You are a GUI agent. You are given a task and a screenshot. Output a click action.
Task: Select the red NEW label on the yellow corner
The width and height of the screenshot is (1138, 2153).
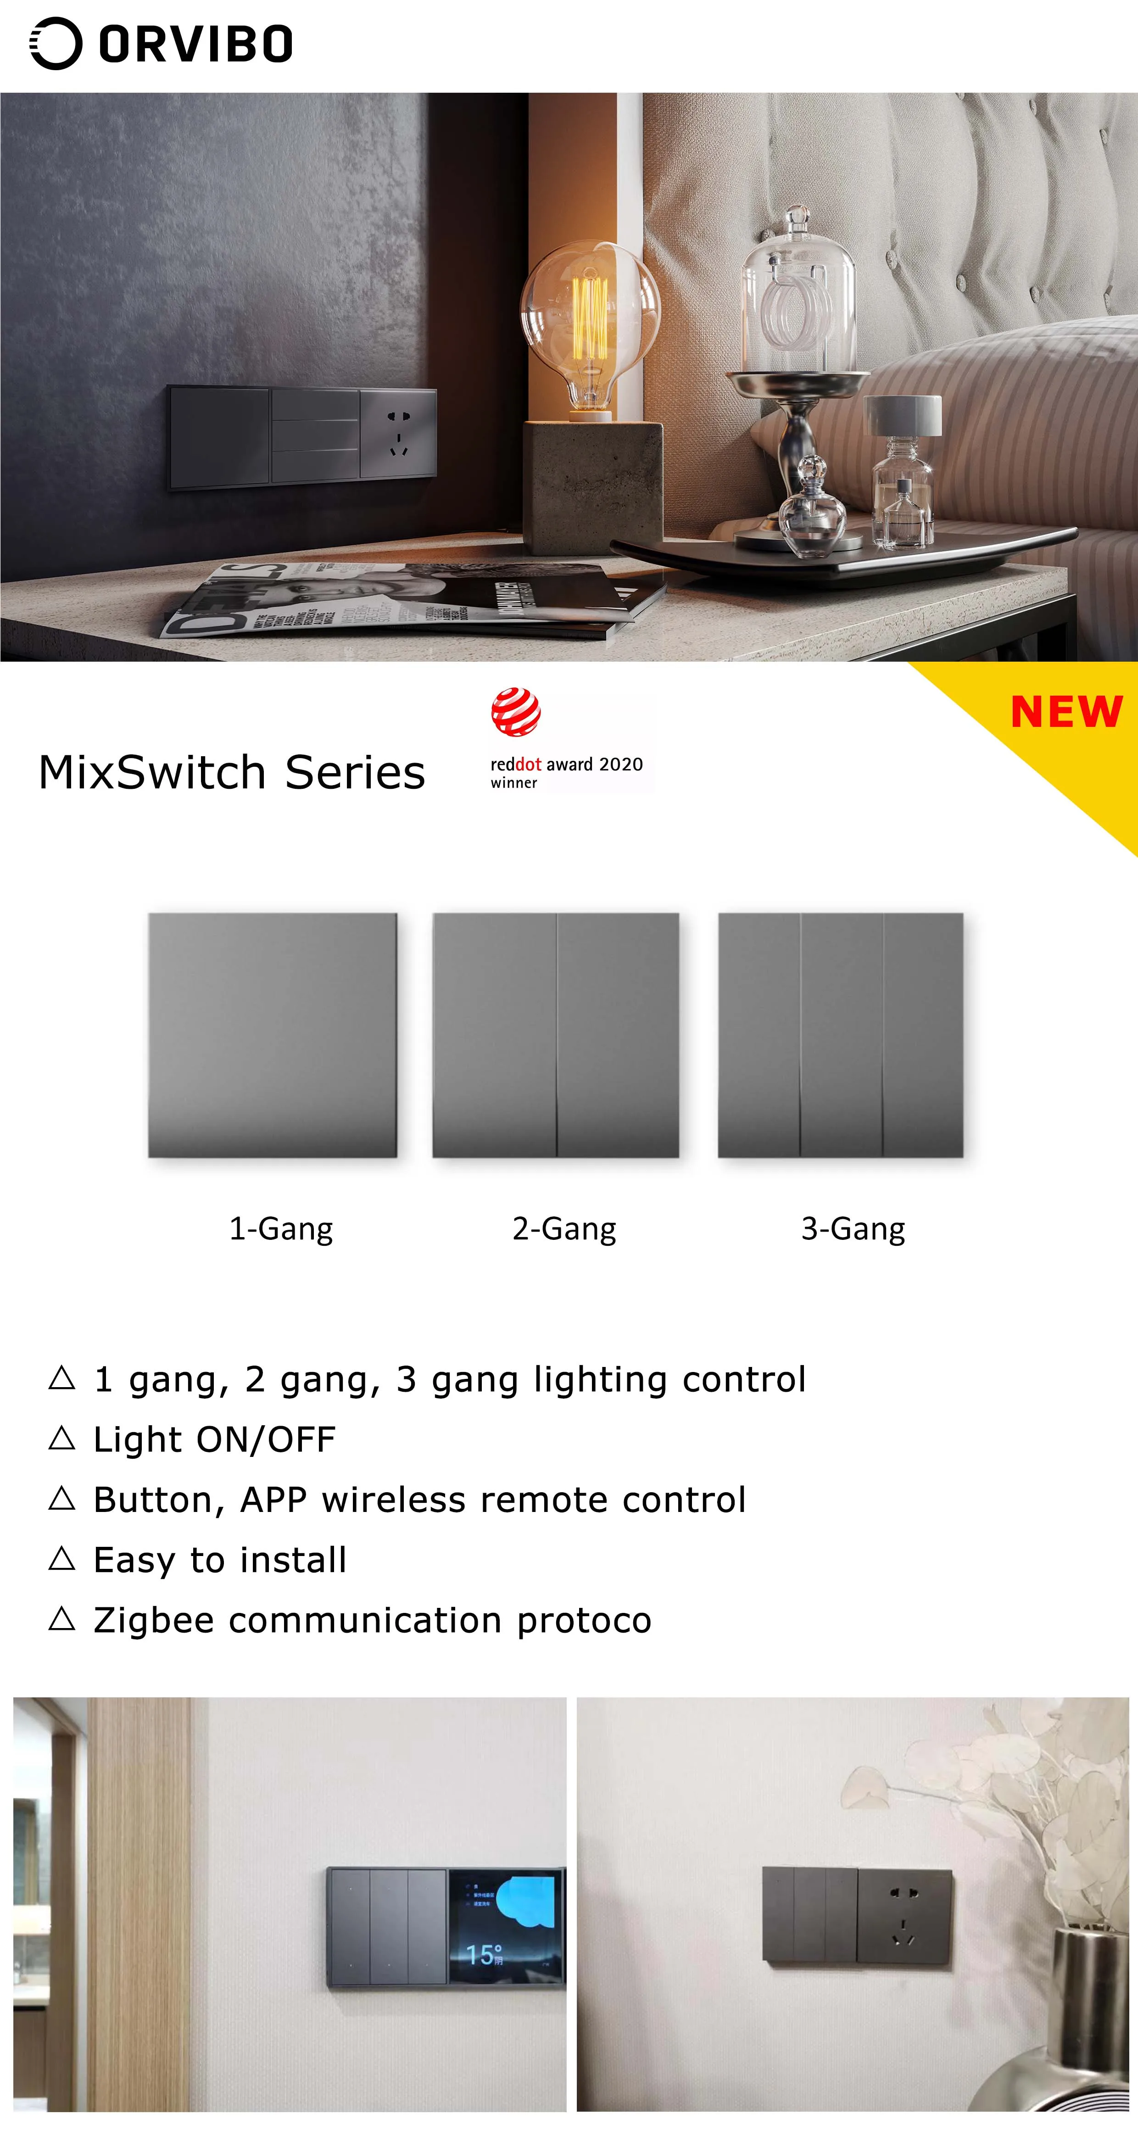pos(1066,712)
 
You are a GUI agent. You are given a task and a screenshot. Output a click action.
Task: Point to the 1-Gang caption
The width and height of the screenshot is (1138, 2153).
pos(281,1229)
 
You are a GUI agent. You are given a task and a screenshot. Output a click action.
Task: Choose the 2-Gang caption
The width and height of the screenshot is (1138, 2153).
pos(564,1229)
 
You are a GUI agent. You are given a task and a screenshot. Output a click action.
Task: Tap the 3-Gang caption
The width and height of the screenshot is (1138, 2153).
pos(852,1229)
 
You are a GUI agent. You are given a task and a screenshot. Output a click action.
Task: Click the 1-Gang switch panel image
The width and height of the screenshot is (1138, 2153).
pos(273,1035)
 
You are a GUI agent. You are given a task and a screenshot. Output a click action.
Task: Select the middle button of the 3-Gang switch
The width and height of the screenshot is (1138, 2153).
pos(842,1035)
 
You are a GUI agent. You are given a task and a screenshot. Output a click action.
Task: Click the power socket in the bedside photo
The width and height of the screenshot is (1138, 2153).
pos(399,433)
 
